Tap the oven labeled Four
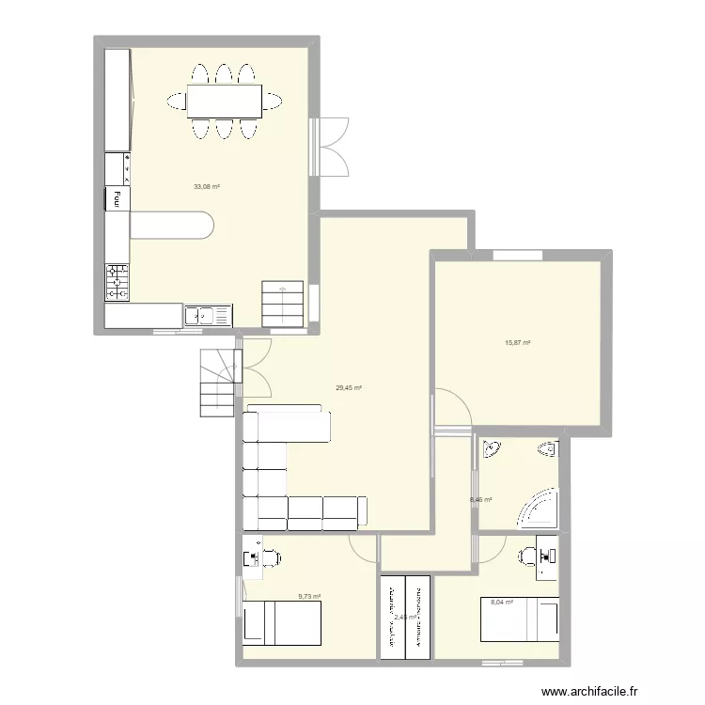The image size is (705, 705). tap(117, 197)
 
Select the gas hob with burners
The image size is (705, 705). tap(117, 281)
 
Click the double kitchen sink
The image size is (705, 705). tap(208, 316)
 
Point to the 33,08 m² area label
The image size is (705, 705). tap(206, 186)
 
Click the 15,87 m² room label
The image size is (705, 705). tap(518, 343)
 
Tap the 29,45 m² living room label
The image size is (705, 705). tap(349, 386)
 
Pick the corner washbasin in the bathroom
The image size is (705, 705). tap(491, 452)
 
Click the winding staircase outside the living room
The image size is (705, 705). tap(218, 380)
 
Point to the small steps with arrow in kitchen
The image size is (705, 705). tap(283, 303)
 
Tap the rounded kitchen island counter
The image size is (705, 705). tap(171, 226)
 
